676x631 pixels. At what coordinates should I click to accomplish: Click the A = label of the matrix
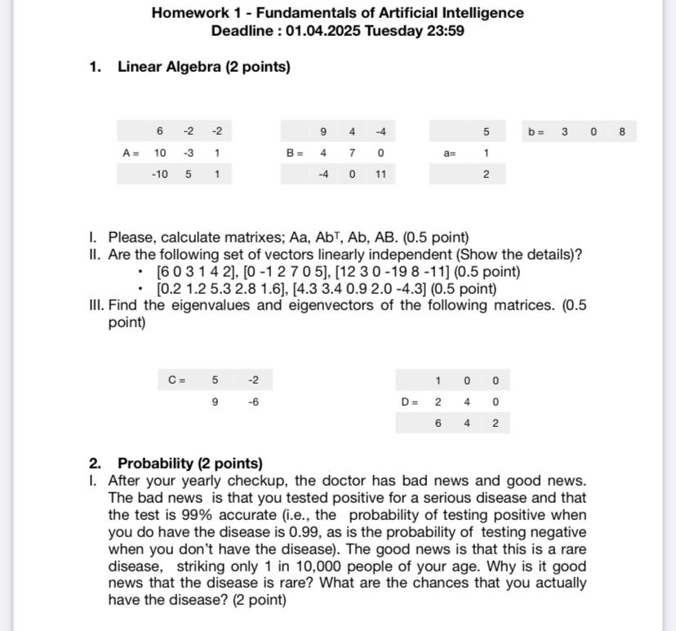click(x=131, y=153)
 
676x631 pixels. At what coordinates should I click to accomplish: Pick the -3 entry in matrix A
click(x=188, y=153)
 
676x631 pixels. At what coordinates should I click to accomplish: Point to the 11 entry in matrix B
click(x=380, y=174)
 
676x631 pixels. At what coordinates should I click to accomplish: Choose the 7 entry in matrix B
click(x=352, y=153)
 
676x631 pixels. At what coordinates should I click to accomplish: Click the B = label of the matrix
click(x=294, y=153)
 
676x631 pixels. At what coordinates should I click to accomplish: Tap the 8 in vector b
click(x=622, y=131)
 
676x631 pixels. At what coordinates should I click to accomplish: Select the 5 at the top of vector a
click(x=486, y=131)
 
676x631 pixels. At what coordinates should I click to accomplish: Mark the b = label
click(x=536, y=131)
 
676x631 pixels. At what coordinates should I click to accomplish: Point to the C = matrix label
click(x=176, y=380)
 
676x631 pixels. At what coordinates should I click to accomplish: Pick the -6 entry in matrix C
click(x=253, y=402)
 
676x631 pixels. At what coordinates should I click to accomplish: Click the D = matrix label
click(x=409, y=402)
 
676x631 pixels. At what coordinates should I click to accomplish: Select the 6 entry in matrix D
click(x=438, y=423)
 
